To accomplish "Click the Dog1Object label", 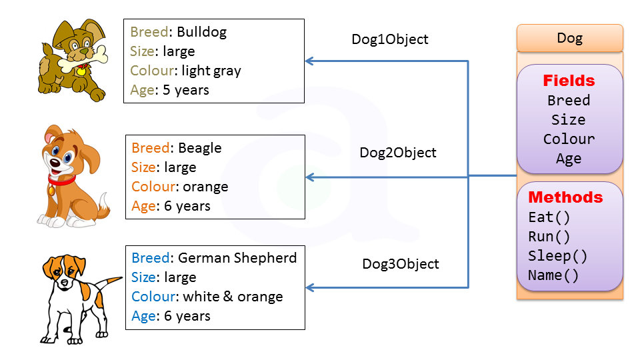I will pos(390,39).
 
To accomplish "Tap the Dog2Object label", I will pos(398,153).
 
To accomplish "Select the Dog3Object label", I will pos(401,264).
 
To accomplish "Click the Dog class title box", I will pos(569,38).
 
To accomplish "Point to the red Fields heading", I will pos(569,81).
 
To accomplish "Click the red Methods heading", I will pos(565,198).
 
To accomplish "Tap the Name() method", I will pos(553,275).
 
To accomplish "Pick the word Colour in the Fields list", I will pos(569,139).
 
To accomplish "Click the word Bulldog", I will pos(201,32).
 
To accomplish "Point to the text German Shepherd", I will pos(237,258).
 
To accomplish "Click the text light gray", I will pos(211,71).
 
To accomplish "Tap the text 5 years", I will pos(185,90).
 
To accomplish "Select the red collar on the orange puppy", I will pos(61,178).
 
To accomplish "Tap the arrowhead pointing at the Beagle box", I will pos(309,178).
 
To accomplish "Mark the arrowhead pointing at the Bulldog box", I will pos(309,61).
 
